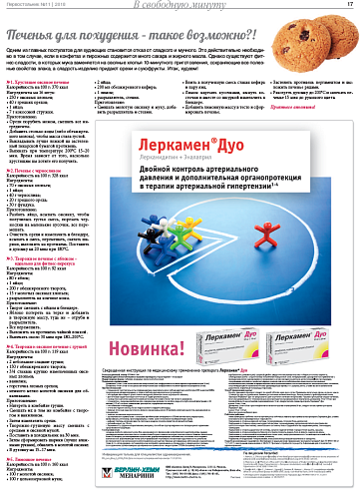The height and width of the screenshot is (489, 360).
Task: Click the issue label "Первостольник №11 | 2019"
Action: pos(34,7)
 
